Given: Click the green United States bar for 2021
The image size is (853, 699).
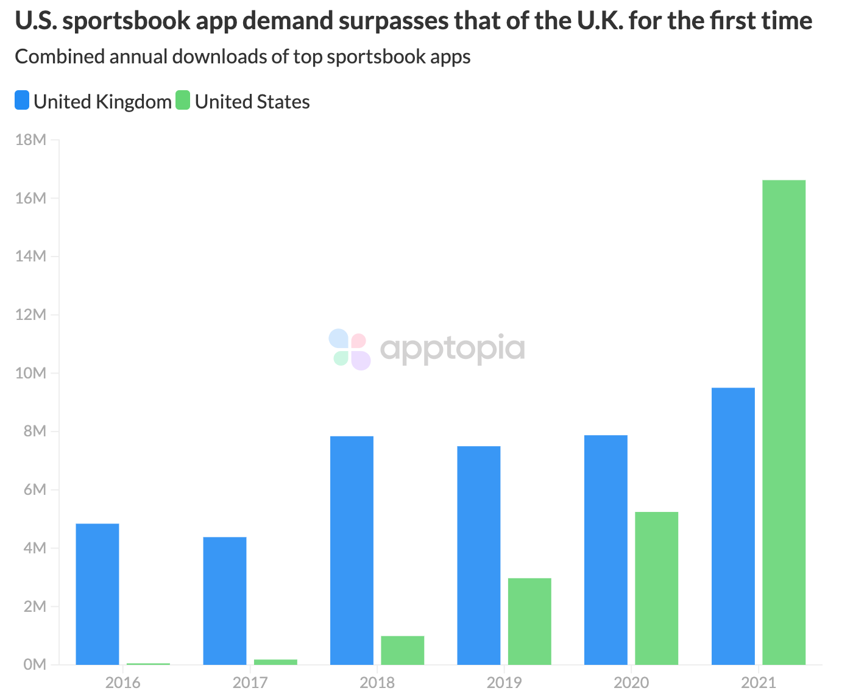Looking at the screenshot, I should pos(784,422).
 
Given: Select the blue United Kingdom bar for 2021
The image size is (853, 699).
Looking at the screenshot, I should pos(733,526).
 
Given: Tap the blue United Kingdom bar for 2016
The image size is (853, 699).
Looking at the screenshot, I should pos(97,594).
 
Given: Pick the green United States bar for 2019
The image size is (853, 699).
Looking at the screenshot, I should pos(529,621).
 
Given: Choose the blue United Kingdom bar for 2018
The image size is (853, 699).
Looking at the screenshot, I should pos(352,550).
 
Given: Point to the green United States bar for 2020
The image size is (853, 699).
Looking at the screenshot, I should pos(656,588).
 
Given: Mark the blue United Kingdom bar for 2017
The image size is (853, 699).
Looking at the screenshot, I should pos(225,601).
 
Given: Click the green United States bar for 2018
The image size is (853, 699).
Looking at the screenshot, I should pos(402,650).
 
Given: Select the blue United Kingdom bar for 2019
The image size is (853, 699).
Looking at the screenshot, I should pos(479,555).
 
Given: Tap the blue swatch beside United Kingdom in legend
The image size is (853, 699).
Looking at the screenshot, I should pos(22,101).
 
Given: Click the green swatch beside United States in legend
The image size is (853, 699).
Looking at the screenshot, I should pos(183,101).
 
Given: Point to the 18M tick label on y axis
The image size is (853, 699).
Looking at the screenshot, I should pos(30,140).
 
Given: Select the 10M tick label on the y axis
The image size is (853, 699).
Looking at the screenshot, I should pos(30,373).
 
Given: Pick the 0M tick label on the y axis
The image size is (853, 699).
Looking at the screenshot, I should pos(34,664).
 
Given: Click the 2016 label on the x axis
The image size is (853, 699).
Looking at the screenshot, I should pos(122,683).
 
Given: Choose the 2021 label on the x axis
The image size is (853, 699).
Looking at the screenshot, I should pos(758,683).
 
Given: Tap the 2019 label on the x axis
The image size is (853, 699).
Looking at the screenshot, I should pos(504,683).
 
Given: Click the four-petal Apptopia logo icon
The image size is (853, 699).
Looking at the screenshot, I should pos(350,349).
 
